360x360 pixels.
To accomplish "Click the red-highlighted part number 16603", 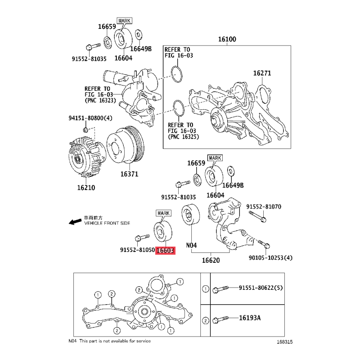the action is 165,250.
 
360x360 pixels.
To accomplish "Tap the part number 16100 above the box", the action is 227,39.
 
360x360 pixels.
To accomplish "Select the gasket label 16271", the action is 262,73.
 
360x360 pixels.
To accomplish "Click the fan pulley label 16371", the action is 129,174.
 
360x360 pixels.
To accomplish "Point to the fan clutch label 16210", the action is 86,188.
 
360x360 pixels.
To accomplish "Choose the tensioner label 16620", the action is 211,261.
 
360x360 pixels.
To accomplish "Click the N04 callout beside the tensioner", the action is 191,245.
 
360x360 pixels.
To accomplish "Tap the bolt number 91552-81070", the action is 264,207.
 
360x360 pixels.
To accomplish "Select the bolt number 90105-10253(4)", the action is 270,258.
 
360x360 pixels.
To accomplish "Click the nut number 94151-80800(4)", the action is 90,118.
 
